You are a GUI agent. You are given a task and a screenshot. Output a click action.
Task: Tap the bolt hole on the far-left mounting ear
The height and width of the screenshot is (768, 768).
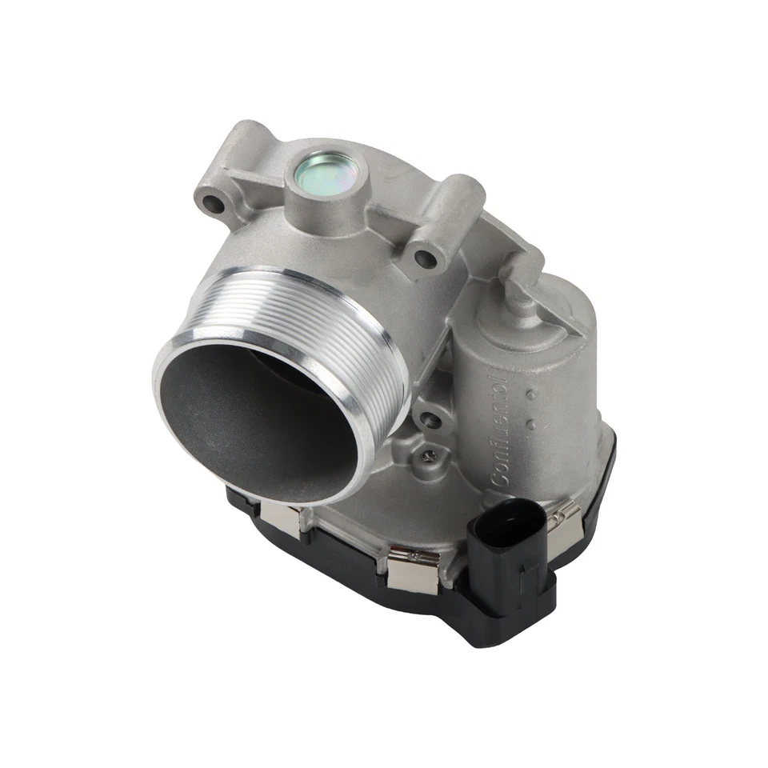coord(214,203)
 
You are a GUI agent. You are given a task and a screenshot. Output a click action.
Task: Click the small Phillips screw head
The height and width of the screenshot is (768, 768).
coord(430,457)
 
